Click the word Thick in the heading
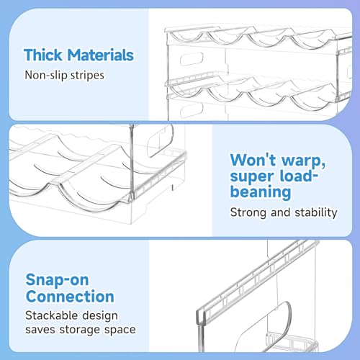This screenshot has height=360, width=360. [x=43, y=55]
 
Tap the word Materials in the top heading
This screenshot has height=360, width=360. [x=100, y=55]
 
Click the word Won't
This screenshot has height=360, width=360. [x=253, y=160]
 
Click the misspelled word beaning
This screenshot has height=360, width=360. [x=261, y=192]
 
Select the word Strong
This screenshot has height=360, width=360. [x=248, y=212]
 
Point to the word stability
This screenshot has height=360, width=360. [x=316, y=212]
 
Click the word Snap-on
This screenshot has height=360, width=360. [x=57, y=280]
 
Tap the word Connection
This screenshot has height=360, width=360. [x=70, y=297]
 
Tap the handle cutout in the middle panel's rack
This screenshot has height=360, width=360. [x=161, y=140]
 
